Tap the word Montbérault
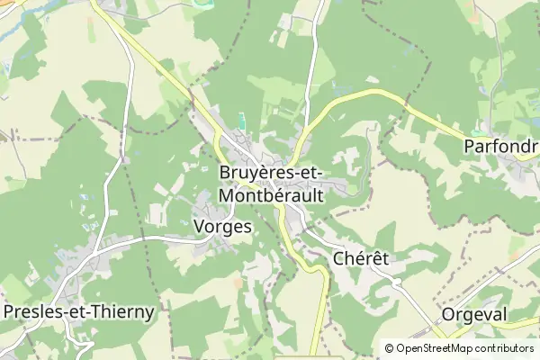(272, 194)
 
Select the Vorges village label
(222, 227)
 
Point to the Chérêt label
(360, 258)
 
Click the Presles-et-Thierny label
(79, 311)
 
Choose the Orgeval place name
(475, 314)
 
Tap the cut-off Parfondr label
(500, 146)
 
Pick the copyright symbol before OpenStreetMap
(390, 347)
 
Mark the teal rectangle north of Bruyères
(240, 120)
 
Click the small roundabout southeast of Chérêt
(396, 282)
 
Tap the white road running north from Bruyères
(311, 72)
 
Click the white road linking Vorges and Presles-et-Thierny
(135, 240)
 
